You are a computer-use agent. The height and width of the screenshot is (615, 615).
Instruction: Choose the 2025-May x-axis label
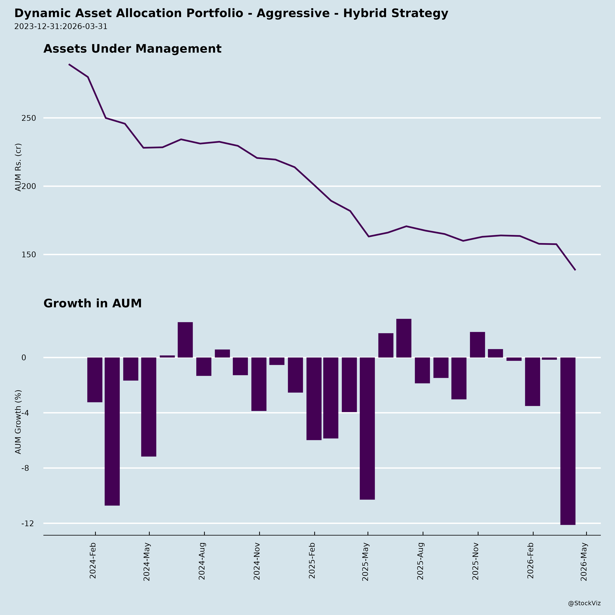click(x=365, y=562)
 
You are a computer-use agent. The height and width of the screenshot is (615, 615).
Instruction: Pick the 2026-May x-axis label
click(x=584, y=562)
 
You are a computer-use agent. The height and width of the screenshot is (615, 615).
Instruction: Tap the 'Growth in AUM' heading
click(x=92, y=303)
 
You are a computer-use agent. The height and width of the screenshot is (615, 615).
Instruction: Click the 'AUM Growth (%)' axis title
click(x=18, y=422)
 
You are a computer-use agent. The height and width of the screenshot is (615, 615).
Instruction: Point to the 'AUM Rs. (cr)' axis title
click(x=18, y=167)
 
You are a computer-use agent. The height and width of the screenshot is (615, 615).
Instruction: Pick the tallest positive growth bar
click(x=404, y=338)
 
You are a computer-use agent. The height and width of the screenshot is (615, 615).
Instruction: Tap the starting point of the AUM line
click(x=69, y=64)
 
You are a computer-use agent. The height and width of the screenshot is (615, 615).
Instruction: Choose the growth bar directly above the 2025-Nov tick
click(x=477, y=345)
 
